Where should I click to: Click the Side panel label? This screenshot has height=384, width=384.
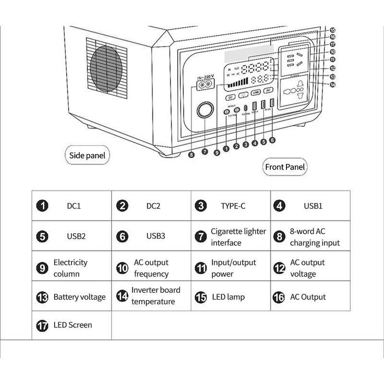tap(87, 156)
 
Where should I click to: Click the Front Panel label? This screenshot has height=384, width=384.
tap(285, 167)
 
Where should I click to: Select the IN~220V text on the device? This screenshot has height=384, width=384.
tap(205, 77)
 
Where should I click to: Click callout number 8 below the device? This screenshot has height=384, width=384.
tap(192, 155)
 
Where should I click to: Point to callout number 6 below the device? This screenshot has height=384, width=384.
tap(273, 140)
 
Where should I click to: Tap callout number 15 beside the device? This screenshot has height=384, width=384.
tap(332, 29)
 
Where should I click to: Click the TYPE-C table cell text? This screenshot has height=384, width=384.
tap(233, 206)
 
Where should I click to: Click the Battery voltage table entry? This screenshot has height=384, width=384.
tap(79, 297)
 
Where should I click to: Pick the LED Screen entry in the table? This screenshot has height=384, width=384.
tap(73, 325)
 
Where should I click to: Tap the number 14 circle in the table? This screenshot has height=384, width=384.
tap(122, 296)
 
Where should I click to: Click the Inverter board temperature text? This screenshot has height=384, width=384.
tap(156, 296)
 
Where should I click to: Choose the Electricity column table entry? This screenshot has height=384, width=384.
tap(70, 268)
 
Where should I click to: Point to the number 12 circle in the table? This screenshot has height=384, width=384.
tap(279, 268)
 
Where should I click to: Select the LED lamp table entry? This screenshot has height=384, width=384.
tap(228, 297)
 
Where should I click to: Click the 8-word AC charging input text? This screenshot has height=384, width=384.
tap(314, 237)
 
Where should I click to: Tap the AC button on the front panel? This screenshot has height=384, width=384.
tap(269, 90)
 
